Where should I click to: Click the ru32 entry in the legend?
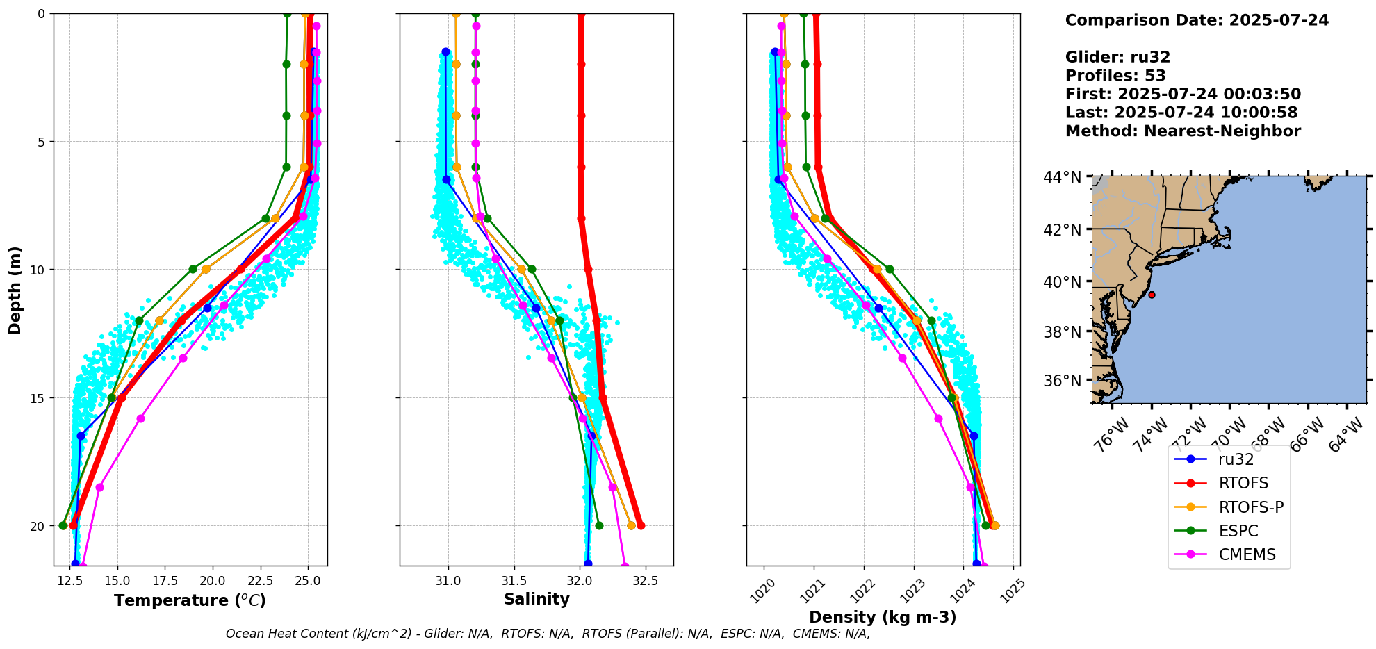click(x=1235, y=459)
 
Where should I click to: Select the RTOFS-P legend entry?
click(x=1250, y=507)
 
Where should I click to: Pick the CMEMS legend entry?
click(x=1247, y=555)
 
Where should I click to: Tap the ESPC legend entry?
click(x=1238, y=532)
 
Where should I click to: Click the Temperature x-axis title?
click(x=190, y=600)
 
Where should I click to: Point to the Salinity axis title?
click(x=537, y=599)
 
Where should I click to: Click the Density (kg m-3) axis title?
click(x=883, y=617)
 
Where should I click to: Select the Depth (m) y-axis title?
click(x=15, y=290)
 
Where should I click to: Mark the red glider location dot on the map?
click(x=1152, y=295)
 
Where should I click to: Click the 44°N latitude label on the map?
click(x=1062, y=178)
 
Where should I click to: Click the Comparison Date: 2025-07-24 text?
click(x=1197, y=20)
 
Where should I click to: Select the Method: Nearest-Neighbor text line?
click(x=1183, y=131)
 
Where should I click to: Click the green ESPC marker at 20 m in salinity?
click(x=599, y=525)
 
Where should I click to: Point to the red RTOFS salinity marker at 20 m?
click(x=641, y=525)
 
